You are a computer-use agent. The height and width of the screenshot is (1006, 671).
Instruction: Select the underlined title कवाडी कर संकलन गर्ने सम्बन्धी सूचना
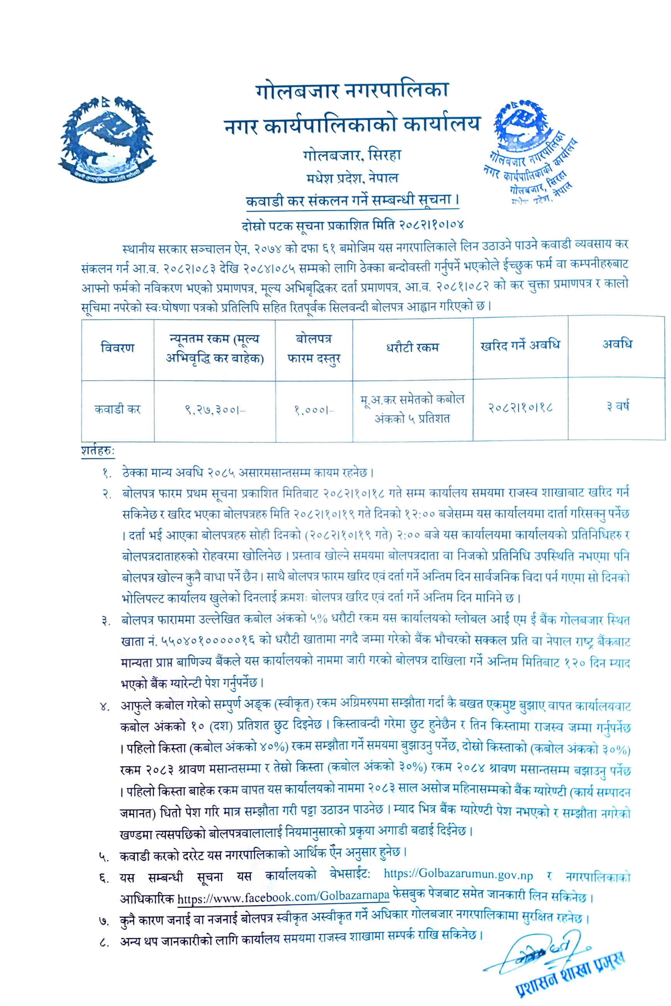(x=352, y=200)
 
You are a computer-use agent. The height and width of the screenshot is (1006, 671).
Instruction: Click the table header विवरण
(x=118, y=347)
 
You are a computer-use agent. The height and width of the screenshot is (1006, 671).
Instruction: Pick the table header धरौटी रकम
(x=413, y=347)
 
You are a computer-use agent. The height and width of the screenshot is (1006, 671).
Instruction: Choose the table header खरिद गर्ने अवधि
(x=520, y=346)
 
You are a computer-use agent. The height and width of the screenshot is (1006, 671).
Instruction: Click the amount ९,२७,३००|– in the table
(x=215, y=410)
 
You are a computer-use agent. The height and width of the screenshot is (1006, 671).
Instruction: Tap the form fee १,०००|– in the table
(x=314, y=410)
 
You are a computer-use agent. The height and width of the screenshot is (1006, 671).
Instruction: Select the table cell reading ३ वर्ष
(x=617, y=406)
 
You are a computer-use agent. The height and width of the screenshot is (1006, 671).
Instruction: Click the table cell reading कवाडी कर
(x=118, y=409)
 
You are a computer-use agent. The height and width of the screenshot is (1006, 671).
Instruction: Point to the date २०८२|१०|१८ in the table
(x=520, y=407)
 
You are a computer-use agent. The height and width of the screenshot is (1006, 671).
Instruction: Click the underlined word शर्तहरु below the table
(x=98, y=451)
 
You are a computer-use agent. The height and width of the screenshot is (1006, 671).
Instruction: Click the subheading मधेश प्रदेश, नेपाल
(x=352, y=178)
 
